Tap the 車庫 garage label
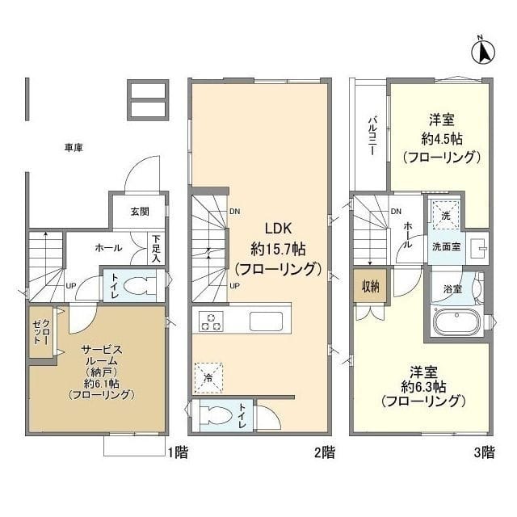[74, 148]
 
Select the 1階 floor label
[179, 453]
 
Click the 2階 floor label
[324, 453]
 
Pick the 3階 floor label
[483, 453]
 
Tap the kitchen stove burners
[212, 321]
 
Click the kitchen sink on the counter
[266, 321]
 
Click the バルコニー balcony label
[372, 135]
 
